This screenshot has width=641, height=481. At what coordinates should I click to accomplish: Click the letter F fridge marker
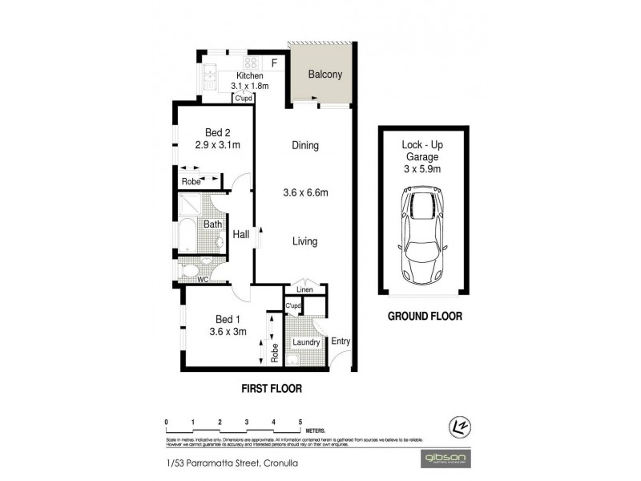[274, 63]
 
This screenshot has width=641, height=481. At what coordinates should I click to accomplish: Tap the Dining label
[305, 146]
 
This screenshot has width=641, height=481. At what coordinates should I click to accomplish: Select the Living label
[305, 241]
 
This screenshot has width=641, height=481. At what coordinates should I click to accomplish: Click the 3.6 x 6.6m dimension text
[306, 193]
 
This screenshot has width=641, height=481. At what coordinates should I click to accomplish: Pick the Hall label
[240, 235]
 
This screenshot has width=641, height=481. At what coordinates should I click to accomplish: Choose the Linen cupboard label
[304, 289]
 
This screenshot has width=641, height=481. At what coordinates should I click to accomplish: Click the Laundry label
[306, 342]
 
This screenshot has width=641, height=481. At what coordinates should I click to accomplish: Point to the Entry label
[341, 342]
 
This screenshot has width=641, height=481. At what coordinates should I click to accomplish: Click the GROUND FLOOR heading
[425, 316]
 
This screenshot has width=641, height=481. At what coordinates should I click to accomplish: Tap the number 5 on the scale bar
[300, 421]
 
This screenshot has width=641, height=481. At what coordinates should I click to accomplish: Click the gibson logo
[447, 458]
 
